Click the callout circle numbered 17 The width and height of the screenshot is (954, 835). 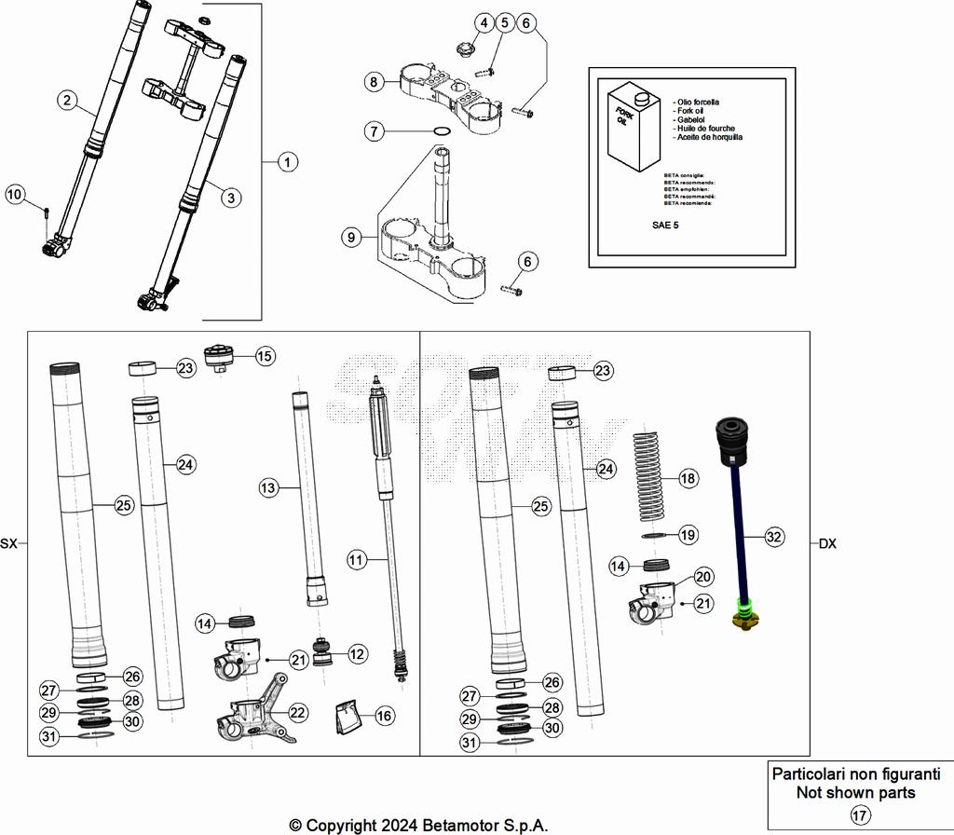tap(860, 815)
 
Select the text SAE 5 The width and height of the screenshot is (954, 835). tap(668, 226)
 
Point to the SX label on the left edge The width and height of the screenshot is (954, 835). tap(8, 543)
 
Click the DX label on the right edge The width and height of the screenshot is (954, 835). tap(828, 543)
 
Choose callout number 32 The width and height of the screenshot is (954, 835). tap(774, 537)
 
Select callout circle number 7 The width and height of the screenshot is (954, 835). tap(374, 131)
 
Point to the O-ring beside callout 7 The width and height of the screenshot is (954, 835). tap(443, 131)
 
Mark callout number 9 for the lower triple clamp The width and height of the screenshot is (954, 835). tap(351, 238)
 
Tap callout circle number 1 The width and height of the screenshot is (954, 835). tap(288, 162)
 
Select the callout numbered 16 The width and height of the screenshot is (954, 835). tap(385, 716)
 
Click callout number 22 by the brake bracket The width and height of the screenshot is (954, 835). tap(297, 713)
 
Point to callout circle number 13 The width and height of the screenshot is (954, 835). tap(268, 487)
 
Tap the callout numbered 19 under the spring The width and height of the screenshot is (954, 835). tap(688, 535)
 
